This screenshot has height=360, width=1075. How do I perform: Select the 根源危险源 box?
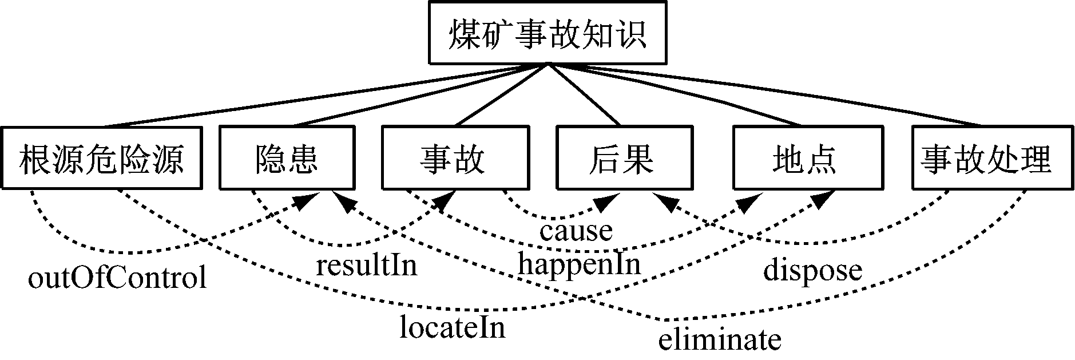pyautogui.click(x=102, y=158)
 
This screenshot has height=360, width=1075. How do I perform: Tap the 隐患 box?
pyautogui.click(x=286, y=158)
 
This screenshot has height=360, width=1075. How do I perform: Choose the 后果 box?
pyautogui.click(x=621, y=158)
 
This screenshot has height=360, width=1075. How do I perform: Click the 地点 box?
pyautogui.click(x=803, y=158)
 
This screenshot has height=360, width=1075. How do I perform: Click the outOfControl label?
pyautogui.click(x=117, y=279)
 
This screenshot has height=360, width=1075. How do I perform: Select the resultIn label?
pyautogui.click(x=367, y=266)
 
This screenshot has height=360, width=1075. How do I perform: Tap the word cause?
pyautogui.click(x=576, y=231)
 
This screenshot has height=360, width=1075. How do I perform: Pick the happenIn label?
pyautogui.click(x=579, y=264)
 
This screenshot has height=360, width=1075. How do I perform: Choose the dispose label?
pyautogui.click(x=812, y=270)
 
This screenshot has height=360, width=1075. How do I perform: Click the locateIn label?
pyautogui.click(x=452, y=328)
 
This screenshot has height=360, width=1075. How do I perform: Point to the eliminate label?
pyautogui.click(x=719, y=340)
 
